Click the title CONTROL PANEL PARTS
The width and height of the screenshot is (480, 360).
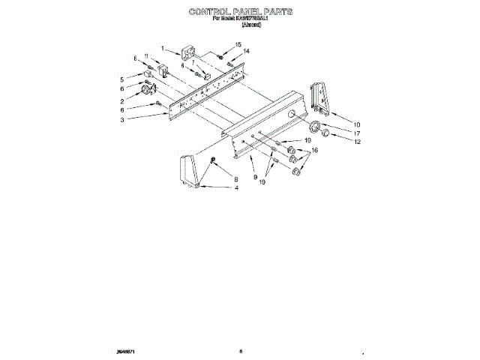(240, 13)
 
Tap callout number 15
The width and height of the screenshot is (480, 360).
(238, 45)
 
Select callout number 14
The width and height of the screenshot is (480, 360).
(246, 51)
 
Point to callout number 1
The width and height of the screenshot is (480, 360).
(161, 47)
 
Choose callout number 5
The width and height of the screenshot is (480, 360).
(121, 79)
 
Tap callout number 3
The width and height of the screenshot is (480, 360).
(121, 119)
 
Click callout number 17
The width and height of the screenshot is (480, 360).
(357, 133)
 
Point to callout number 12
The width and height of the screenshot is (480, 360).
(357, 142)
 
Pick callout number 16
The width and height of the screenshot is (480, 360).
(314, 151)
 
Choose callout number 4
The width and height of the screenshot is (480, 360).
(236, 187)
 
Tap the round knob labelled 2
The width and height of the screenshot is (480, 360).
(145, 91)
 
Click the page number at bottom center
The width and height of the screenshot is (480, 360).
(241, 350)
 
